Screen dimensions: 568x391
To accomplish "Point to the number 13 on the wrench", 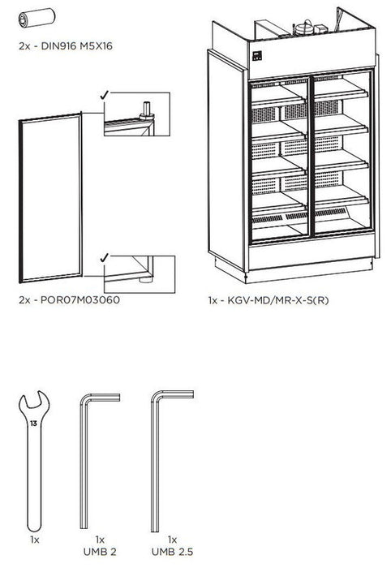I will click(x=32, y=423).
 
